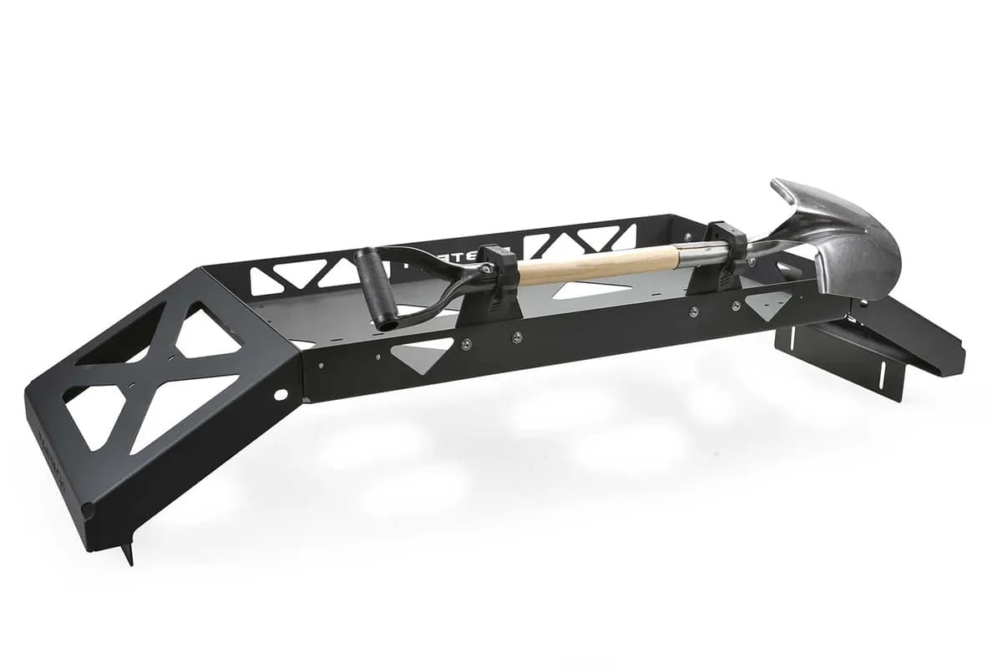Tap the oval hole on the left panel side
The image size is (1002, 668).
[280, 393]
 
